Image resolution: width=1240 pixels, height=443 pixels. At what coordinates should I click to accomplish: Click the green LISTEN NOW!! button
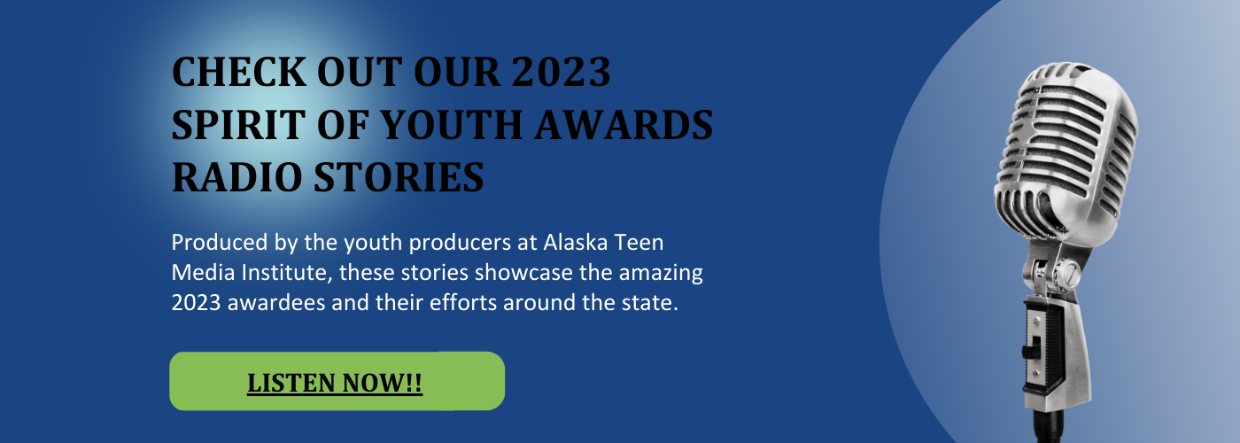click(337, 381)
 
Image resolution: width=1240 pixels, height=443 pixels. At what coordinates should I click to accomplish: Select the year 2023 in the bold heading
click(561, 73)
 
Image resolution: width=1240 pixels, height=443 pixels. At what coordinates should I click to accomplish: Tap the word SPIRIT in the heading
click(238, 125)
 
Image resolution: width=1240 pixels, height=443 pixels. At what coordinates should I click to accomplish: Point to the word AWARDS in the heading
click(624, 125)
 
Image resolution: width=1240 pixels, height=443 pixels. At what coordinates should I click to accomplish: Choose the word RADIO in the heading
click(237, 177)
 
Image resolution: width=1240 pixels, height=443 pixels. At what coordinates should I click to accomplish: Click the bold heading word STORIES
click(399, 177)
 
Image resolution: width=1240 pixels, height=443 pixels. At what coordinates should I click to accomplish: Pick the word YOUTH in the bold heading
click(451, 125)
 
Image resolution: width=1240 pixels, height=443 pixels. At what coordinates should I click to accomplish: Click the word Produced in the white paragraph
click(220, 243)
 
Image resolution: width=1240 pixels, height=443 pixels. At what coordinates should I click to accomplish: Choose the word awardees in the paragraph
click(276, 303)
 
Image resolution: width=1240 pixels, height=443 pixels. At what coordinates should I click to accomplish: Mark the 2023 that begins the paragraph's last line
click(196, 303)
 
